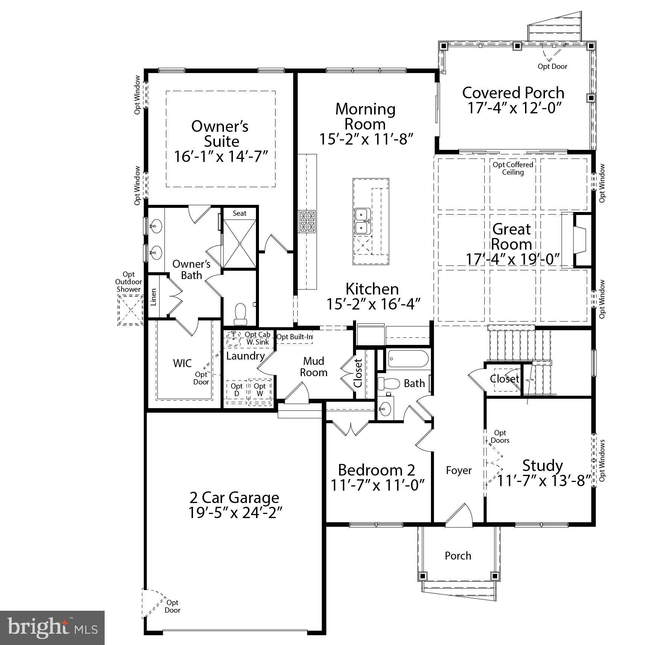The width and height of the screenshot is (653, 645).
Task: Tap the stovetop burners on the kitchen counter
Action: [x=307, y=221]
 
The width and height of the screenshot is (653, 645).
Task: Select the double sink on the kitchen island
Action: [x=362, y=221]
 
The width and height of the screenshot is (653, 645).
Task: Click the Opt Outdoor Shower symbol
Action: [x=130, y=310]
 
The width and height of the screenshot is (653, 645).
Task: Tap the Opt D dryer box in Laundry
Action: [x=237, y=391]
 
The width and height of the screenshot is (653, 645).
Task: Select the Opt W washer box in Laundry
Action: [x=260, y=391]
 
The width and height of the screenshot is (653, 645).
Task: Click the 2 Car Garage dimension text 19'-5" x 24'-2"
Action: [x=235, y=512]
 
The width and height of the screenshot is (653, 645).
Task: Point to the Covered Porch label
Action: [x=513, y=93]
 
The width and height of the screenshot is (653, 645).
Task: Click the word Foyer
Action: [x=458, y=470]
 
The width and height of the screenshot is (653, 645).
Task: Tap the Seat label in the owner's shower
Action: [x=239, y=213]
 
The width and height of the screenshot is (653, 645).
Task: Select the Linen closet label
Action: [x=154, y=297]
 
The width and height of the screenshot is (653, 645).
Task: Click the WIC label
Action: [x=182, y=363]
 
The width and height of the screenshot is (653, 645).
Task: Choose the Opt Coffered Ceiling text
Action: [x=513, y=168]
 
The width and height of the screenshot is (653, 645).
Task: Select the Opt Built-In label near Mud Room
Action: [x=294, y=337]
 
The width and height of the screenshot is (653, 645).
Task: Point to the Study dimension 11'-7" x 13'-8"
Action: [x=542, y=481]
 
